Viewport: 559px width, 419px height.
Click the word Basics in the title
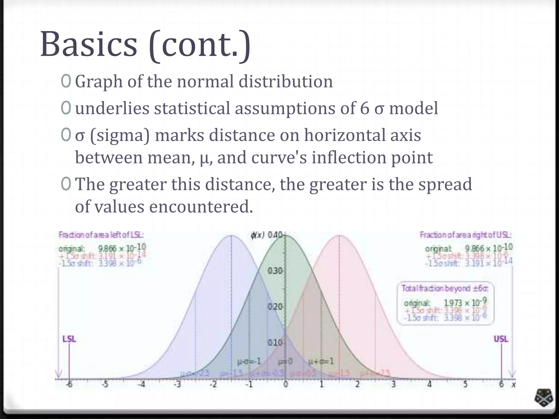(x=89, y=44)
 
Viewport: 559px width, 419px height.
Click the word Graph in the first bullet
(x=99, y=82)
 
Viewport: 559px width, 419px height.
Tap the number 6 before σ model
(x=365, y=108)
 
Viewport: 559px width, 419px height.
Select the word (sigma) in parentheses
(x=120, y=136)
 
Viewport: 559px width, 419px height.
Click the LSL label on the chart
(x=69, y=339)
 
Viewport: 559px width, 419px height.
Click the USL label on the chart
(x=501, y=339)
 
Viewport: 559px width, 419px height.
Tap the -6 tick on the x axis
(x=69, y=385)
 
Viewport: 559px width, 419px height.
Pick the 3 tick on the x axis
(x=394, y=385)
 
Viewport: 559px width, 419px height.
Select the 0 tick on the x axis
(x=286, y=385)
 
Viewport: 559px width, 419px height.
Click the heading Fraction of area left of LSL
(x=101, y=235)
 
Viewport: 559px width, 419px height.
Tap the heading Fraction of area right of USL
(x=466, y=235)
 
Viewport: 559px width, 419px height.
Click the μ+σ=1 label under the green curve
(x=321, y=361)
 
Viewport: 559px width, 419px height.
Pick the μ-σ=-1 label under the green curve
(x=249, y=361)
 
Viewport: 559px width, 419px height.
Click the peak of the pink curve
(x=339, y=236)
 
